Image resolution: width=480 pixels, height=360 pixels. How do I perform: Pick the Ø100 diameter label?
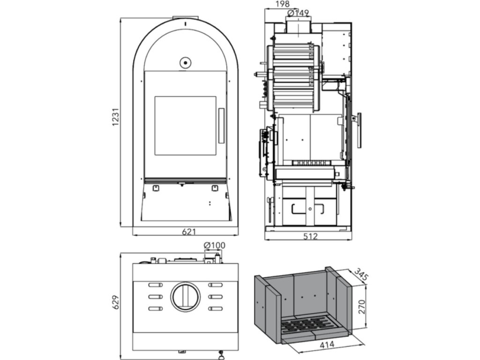(214, 245)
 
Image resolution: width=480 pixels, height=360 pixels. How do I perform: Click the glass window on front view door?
(185, 126)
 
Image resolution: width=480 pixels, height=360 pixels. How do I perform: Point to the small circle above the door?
(185, 62)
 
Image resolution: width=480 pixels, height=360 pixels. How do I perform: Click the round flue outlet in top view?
(185, 297)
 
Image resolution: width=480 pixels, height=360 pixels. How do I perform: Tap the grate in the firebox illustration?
(307, 324)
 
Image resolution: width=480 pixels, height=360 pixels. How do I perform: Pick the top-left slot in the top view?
(154, 285)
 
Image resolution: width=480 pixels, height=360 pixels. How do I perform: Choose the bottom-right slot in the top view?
(216, 308)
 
